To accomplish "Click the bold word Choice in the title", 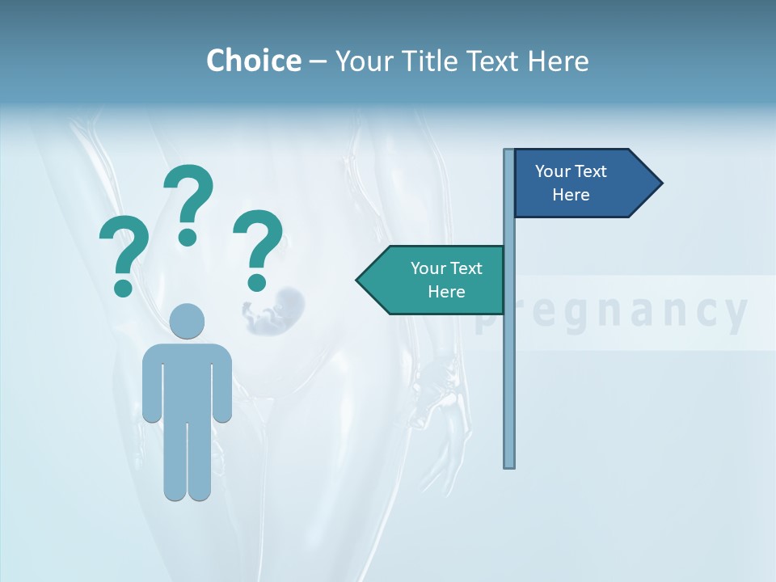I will pos(253,61).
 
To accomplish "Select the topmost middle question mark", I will pos(188,202).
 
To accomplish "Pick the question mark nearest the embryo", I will pos(258,248).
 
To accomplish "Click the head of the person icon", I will pos(187,321).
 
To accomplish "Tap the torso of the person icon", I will pos(187,380).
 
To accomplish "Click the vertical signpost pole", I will pos(509,364).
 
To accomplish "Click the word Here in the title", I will pos(559,61).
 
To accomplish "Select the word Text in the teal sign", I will pos(465,268).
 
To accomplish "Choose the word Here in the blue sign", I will pos(571,195).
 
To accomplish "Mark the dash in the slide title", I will pos(318,61).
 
